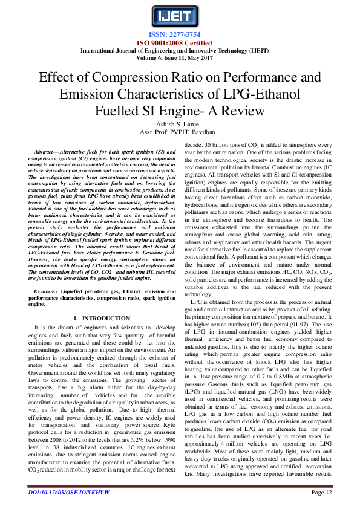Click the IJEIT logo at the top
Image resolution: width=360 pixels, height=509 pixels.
179,15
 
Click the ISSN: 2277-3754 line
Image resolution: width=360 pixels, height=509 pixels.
180,34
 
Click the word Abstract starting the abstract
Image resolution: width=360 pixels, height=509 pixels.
50,150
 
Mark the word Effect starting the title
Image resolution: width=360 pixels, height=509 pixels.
59,78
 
